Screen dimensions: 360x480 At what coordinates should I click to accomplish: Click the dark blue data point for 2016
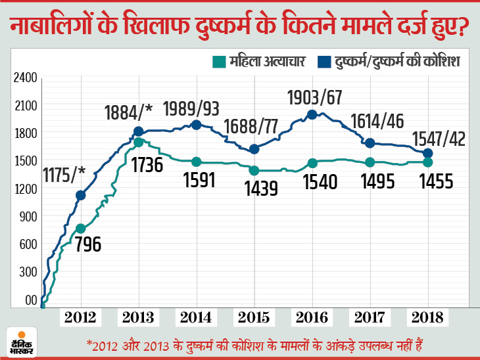[312, 114]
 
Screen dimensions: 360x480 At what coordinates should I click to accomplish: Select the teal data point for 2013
[138, 142]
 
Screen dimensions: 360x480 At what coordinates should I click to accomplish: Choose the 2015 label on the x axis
[254, 318]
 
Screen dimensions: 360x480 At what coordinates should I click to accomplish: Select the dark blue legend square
[324, 62]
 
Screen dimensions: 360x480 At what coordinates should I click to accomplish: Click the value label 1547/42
[439, 139]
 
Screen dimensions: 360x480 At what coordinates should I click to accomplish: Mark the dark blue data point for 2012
[80, 195]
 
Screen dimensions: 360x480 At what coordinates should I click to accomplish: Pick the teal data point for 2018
[427, 162]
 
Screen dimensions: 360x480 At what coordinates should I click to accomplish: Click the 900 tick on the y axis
[27, 217]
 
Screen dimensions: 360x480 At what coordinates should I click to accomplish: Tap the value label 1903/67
[316, 98]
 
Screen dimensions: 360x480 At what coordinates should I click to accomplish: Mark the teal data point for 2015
[254, 170]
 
